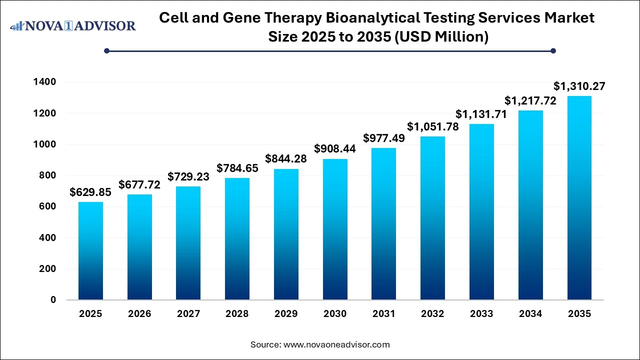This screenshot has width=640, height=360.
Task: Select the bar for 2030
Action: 335,229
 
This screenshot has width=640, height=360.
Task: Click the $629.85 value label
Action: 90,192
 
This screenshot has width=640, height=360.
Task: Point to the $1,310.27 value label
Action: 579,86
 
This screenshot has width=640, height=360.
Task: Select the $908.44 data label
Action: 335,149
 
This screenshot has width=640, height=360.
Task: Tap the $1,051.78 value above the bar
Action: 433,127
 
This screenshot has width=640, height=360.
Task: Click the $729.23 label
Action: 188,177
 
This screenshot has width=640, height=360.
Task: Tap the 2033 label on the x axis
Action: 481,314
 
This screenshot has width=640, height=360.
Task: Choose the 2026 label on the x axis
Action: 139,314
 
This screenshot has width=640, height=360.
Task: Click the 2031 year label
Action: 384,314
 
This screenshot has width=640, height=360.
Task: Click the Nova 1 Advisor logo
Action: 73,25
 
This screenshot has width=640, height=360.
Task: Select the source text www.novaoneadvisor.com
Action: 336,344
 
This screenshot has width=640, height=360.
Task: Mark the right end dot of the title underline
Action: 553,50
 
